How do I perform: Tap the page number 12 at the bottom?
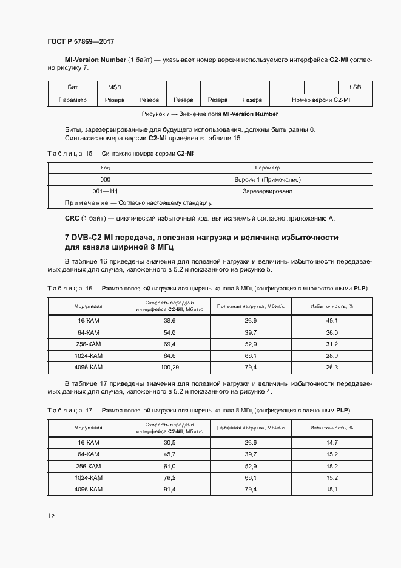pyautogui.click(x=51, y=516)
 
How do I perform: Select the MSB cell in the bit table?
pyautogui.click(x=115, y=87)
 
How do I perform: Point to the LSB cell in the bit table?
pyautogui.click(x=355, y=87)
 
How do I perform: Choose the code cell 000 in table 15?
pyautogui.click(x=105, y=180)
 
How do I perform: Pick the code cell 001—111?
pyautogui.click(x=105, y=191)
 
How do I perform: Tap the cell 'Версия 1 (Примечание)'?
pyautogui.click(x=268, y=180)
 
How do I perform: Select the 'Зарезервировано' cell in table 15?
pyautogui.click(x=268, y=191)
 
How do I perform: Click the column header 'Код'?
pyautogui.click(x=105, y=168)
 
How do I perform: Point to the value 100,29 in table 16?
pyautogui.click(x=169, y=368)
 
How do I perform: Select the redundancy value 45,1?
pyautogui.click(x=332, y=320)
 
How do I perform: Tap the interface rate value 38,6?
pyautogui.click(x=169, y=320)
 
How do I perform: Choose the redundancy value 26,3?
pyautogui.click(x=332, y=368)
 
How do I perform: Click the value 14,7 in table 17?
pyautogui.click(x=332, y=443)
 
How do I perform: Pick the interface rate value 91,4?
pyautogui.click(x=169, y=489)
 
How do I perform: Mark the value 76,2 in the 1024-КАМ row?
pyautogui.click(x=169, y=477)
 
